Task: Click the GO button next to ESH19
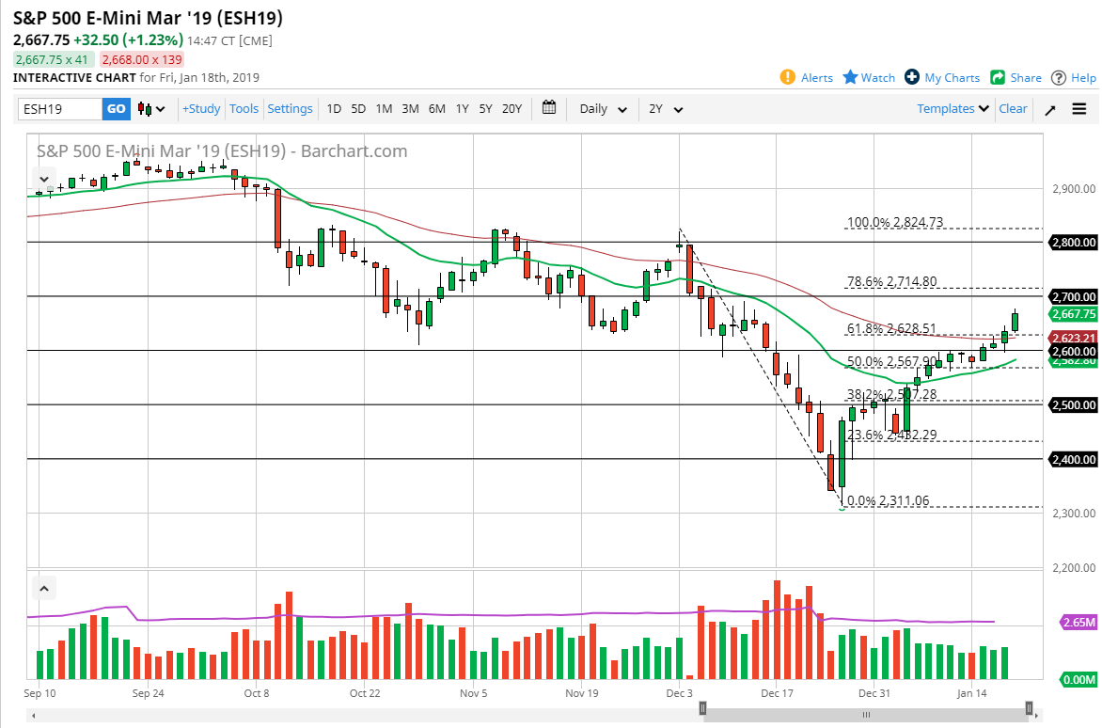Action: tap(116, 109)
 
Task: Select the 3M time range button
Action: tap(410, 109)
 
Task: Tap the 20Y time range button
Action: tap(512, 109)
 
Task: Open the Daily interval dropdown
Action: tap(604, 109)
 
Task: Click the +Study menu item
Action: tap(201, 109)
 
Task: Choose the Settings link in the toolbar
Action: tap(290, 109)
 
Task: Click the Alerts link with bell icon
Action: tap(807, 78)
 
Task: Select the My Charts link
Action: tap(942, 78)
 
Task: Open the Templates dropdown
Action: tap(952, 109)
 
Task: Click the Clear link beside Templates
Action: tap(1013, 109)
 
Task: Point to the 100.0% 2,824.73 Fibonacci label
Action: tap(895, 223)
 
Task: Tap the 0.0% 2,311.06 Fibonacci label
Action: tap(889, 501)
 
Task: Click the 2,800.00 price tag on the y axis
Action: tap(1072, 243)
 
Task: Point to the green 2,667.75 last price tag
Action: tap(1072, 314)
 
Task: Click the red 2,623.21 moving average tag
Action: tap(1072, 339)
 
